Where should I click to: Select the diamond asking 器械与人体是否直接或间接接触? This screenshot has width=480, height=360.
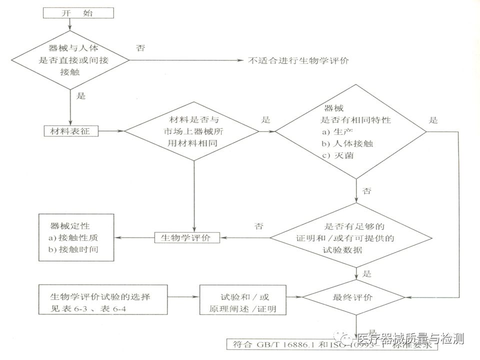pos(70,60)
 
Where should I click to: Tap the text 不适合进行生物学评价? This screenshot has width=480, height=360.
pos(298,61)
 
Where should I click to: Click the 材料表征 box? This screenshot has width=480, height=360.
pos(70,131)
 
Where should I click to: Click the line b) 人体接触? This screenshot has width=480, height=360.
pos(348,143)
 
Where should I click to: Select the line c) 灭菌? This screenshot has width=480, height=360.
pos(338,155)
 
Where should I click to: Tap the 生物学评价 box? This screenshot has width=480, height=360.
pos(186,237)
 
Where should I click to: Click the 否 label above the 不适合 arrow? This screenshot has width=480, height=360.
pos(140,48)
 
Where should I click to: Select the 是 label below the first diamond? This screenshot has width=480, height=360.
pos(81,96)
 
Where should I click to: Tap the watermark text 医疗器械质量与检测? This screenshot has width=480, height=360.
pos(410,339)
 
